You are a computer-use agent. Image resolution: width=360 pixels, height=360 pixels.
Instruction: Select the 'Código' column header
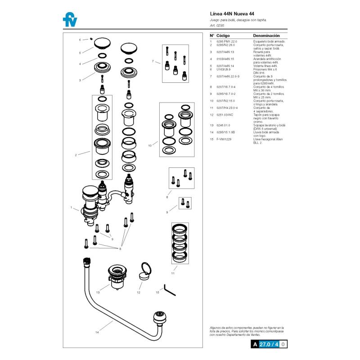point(223,36)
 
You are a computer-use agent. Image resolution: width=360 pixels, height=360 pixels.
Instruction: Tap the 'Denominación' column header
point(266,36)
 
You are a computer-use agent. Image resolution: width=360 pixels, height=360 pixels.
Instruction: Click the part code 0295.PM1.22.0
point(227,41)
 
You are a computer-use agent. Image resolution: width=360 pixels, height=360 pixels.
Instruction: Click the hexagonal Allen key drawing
point(170,288)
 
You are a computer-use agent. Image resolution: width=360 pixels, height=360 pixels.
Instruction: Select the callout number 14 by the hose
point(97,333)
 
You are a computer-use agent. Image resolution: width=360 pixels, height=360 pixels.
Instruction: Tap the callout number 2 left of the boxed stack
point(76,155)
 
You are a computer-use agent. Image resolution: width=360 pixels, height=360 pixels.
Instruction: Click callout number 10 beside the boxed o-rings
point(150,145)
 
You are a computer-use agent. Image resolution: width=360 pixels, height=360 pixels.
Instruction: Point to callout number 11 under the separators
point(173,273)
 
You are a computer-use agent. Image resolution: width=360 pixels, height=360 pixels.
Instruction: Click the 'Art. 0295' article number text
point(217,26)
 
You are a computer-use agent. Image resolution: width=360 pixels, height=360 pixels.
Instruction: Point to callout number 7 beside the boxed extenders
point(153,61)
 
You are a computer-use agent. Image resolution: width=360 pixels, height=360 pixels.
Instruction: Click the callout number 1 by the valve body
point(72,207)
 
